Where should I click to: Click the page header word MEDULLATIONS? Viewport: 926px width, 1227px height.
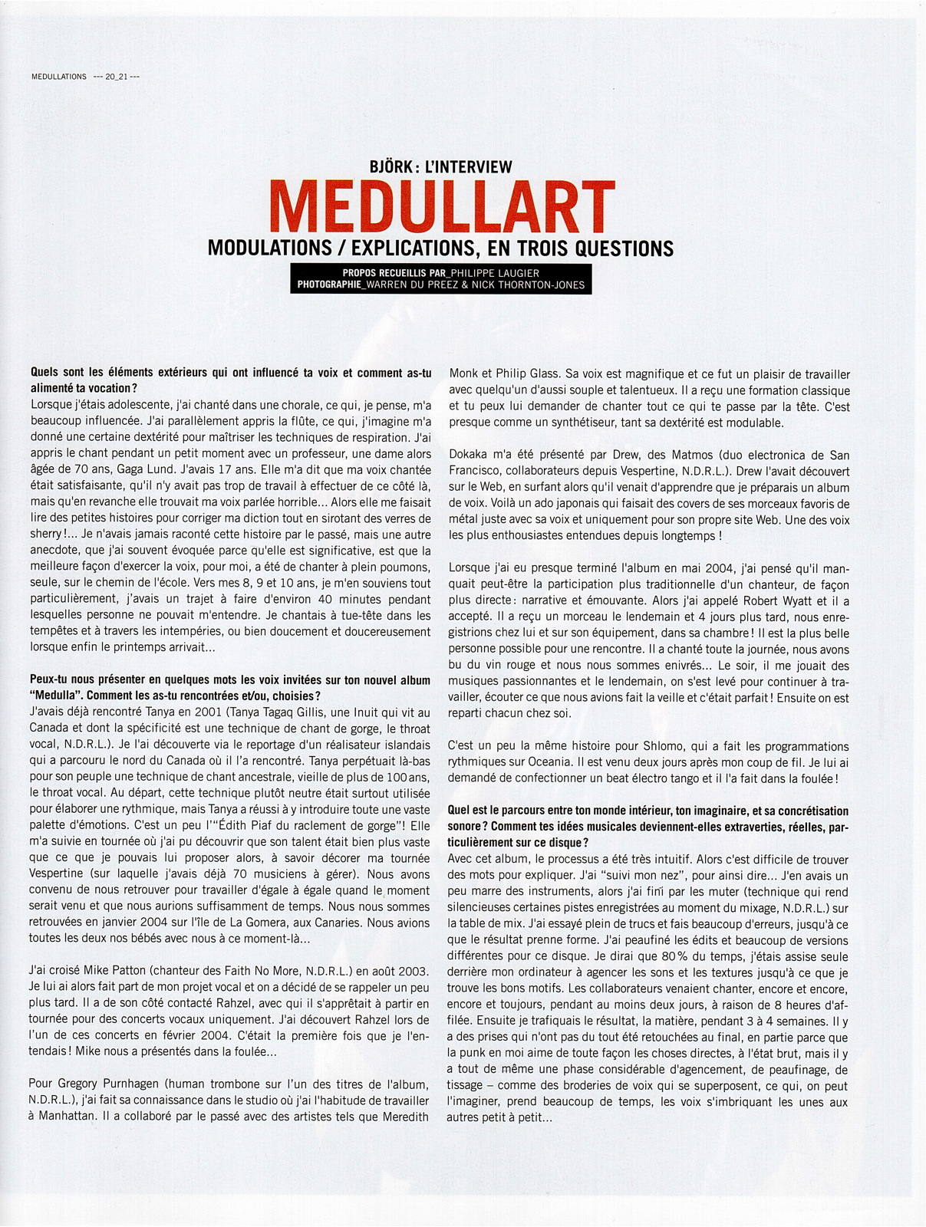pos(59,77)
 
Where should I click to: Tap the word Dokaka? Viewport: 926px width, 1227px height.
pos(470,455)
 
